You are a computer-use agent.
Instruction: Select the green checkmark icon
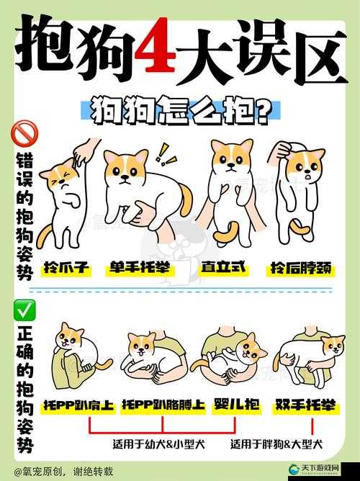24,310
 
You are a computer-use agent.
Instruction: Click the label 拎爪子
66,268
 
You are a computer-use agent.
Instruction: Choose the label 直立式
224,267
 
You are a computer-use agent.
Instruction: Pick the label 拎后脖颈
300,268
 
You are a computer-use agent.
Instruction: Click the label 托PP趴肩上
78,405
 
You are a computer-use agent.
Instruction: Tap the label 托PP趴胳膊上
163,405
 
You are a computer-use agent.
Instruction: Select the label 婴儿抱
237,405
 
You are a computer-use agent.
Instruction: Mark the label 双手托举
305,405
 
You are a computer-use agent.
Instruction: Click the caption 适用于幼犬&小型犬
158,444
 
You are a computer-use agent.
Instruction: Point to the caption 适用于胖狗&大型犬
276,444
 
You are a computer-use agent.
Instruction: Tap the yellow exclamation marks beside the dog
165,155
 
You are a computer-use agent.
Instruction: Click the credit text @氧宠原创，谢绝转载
63,471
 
